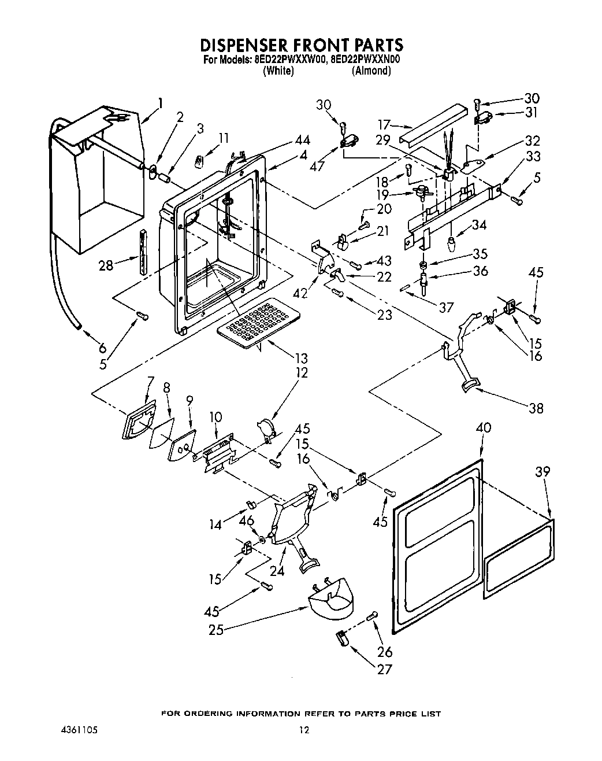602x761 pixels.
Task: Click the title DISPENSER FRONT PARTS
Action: click(301, 45)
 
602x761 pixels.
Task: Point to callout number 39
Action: click(542, 472)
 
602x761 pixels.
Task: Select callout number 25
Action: click(216, 630)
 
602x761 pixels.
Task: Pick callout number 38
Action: click(536, 408)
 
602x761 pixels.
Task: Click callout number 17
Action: click(384, 124)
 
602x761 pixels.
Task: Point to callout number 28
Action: click(105, 265)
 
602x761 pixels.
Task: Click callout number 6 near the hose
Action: click(102, 348)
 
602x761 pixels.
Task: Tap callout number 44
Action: click(302, 140)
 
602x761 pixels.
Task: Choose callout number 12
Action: click(301, 372)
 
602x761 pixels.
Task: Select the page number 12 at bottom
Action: click(304, 730)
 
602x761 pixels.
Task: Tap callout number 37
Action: click(445, 307)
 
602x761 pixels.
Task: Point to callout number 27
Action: click(384, 669)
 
